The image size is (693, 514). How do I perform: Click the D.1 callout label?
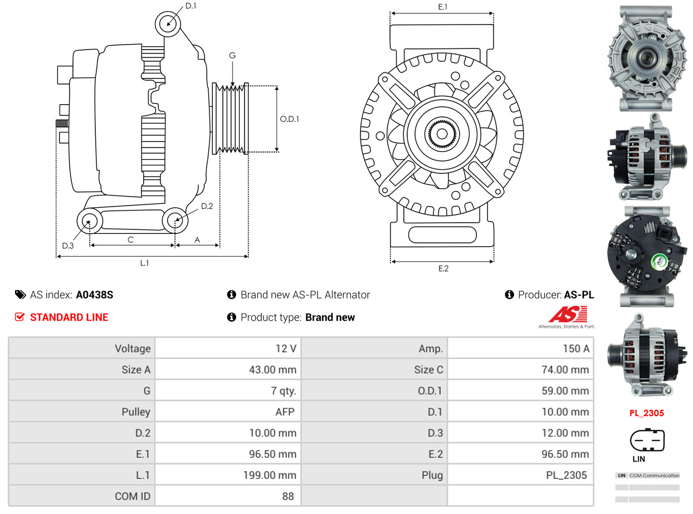coord(191,6)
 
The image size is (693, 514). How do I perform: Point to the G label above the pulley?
coord(232,55)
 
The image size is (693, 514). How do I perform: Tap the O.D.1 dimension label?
coord(289,119)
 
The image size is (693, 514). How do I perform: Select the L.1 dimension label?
coord(144,263)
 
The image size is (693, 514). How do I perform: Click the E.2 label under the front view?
coord(443,268)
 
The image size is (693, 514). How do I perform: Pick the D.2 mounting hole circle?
coord(175,220)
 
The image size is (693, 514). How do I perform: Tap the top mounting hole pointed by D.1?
coord(168,24)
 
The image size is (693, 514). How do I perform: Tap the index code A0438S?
coord(95,295)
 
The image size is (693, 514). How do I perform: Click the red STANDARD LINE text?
coord(69,317)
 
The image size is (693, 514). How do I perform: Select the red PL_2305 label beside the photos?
coord(647,413)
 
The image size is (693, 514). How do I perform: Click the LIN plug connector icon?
coord(647,440)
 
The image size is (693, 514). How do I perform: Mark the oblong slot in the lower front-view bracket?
coord(443,234)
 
